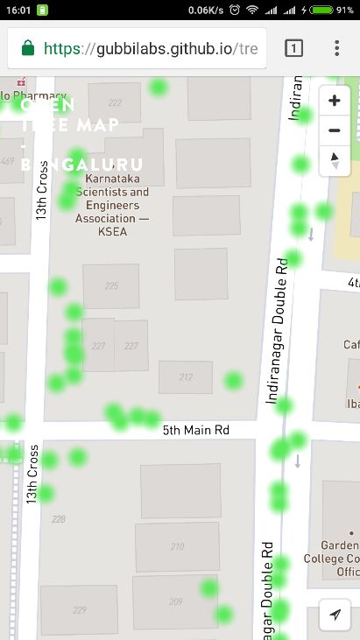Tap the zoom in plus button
click(x=334, y=101)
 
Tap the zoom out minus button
click(x=334, y=131)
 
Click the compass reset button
click(x=334, y=160)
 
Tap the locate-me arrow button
click(x=334, y=615)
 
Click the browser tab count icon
click(x=294, y=48)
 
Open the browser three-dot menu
click(x=336, y=48)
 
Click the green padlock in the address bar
click(x=28, y=48)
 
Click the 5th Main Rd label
click(x=196, y=430)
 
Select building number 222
click(x=115, y=102)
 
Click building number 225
click(x=111, y=286)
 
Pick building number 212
click(x=186, y=377)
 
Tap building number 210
click(x=178, y=546)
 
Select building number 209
click(x=176, y=601)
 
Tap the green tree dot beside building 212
click(x=232, y=380)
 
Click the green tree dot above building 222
click(x=158, y=87)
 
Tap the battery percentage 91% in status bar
click(x=344, y=10)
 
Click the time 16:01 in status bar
click(x=18, y=10)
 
